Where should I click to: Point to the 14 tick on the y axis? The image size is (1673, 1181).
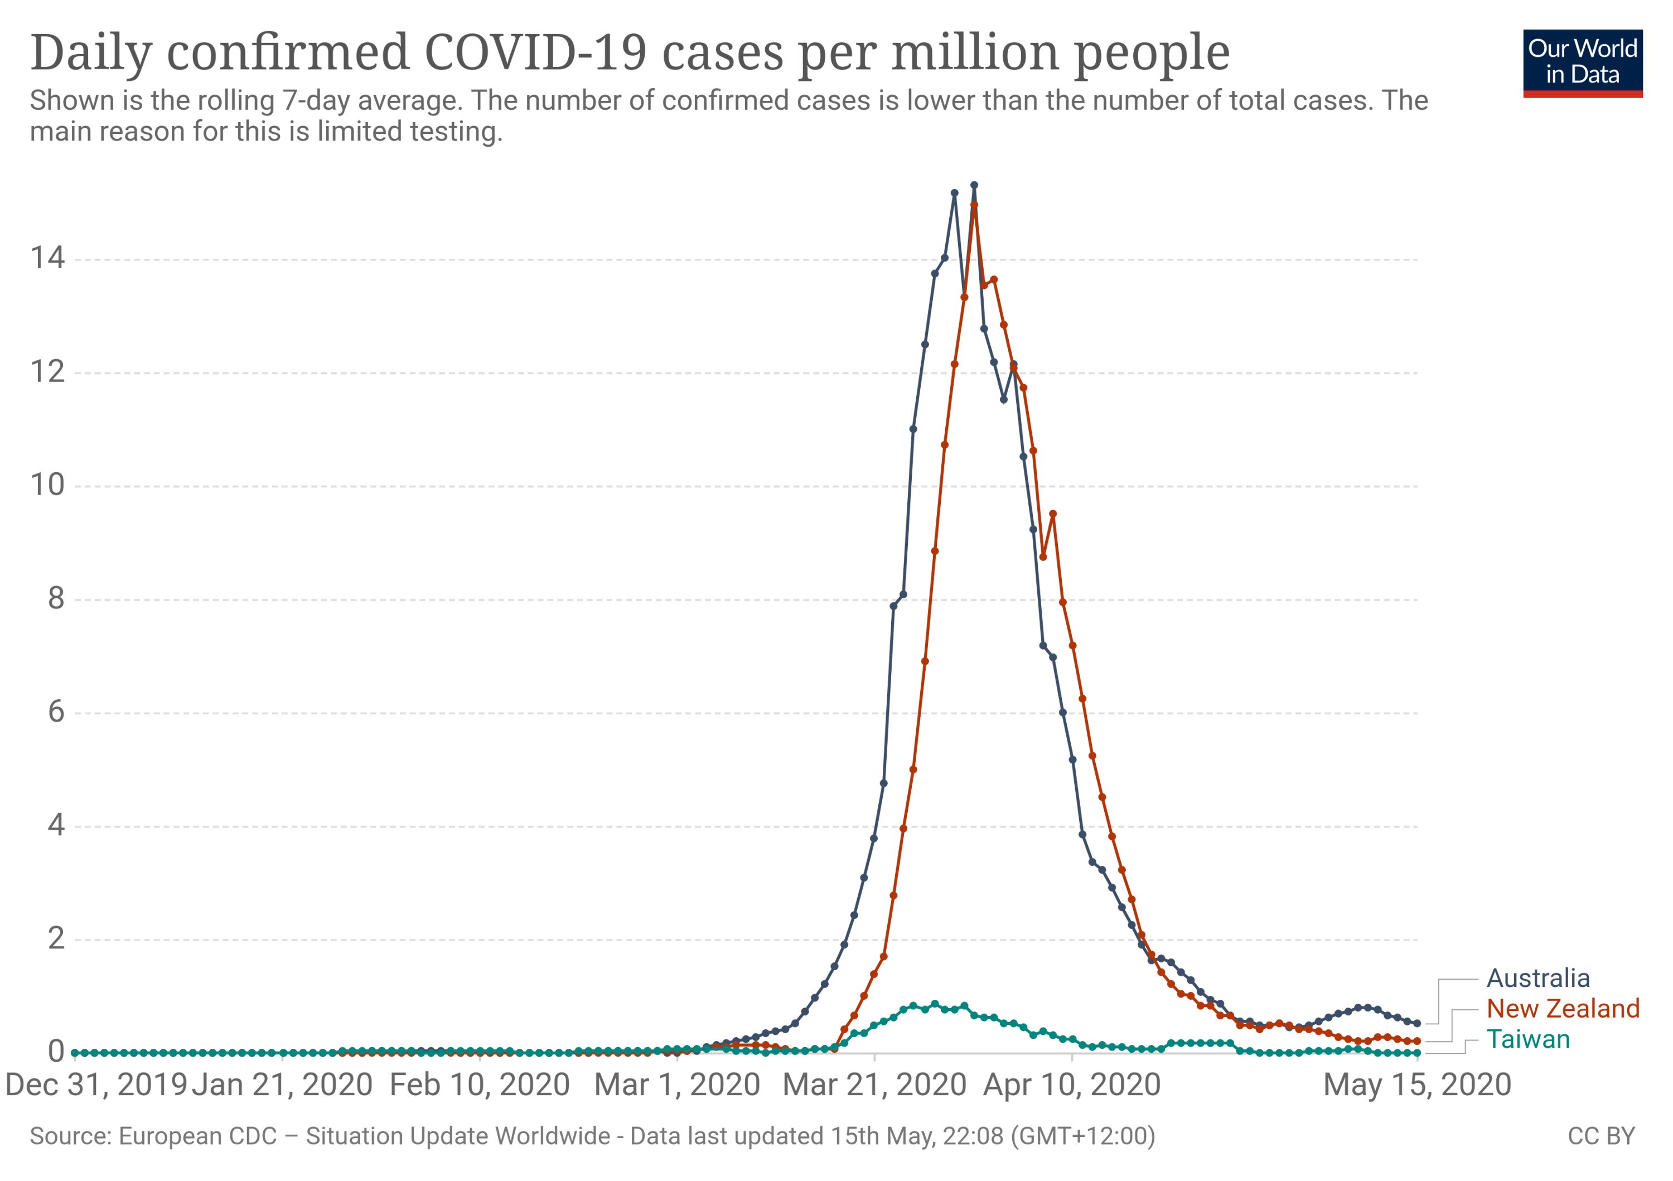(47, 258)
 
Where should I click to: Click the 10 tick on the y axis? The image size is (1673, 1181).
(47, 485)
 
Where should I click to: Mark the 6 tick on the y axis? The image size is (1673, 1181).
(56, 712)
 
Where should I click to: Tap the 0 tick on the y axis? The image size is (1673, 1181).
(56, 1051)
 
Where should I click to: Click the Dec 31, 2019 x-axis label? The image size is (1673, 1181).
(96, 1085)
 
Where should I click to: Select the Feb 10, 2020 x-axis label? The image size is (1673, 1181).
(480, 1085)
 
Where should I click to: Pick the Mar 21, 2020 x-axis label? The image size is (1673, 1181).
(874, 1085)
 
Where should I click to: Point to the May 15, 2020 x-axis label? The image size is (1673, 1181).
(1416, 1085)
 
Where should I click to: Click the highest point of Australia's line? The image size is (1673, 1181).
(974, 186)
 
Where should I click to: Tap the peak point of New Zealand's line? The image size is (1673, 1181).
(974, 205)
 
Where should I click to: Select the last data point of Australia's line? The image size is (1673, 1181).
(1417, 1024)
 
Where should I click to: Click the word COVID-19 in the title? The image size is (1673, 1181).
(535, 52)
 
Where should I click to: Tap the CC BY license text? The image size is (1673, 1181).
(1601, 1136)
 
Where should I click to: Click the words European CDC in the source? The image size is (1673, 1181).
(197, 1136)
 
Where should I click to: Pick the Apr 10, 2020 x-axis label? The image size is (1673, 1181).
(1072, 1085)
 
